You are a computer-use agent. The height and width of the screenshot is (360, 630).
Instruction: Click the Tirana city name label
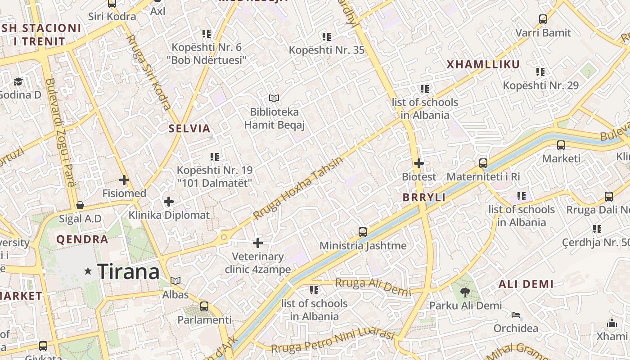(x=128, y=271)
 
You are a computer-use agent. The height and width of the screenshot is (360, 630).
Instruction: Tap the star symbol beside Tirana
(x=88, y=271)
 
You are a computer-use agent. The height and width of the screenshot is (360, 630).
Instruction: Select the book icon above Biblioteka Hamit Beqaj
(x=274, y=98)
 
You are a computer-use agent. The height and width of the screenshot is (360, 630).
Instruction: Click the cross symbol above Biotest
(x=419, y=163)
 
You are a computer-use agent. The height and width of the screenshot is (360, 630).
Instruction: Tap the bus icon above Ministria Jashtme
(x=363, y=232)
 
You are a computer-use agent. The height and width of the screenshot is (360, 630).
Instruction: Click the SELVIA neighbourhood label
(x=189, y=129)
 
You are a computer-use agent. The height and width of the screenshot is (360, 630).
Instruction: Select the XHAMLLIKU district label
(x=483, y=64)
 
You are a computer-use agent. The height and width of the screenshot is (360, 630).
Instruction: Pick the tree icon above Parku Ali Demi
(x=465, y=292)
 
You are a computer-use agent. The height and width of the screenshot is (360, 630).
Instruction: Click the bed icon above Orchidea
(x=516, y=315)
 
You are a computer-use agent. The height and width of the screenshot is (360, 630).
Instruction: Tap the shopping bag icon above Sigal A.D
(x=80, y=206)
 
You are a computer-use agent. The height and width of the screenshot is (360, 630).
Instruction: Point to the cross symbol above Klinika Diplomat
(x=169, y=202)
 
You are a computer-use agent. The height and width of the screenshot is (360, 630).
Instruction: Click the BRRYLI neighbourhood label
(x=424, y=198)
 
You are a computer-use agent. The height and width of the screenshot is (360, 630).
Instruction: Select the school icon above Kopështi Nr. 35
(x=327, y=36)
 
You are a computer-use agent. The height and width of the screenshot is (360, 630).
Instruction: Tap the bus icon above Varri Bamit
(x=543, y=19)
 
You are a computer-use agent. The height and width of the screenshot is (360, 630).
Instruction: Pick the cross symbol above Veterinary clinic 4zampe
(x=258, y=243)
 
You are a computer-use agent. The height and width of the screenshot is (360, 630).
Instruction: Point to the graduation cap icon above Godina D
(x=18, y=81)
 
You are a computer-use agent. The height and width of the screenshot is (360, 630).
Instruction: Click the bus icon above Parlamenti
(x=204, y=306)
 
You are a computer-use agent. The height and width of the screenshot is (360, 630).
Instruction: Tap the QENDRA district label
(x=82, y=239)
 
